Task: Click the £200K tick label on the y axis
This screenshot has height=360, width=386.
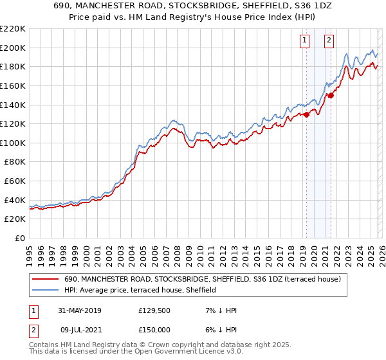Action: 13,48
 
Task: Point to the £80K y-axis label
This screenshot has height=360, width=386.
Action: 15,162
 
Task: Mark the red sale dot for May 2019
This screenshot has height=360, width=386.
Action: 306,115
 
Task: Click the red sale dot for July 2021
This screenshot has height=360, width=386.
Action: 331,95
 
